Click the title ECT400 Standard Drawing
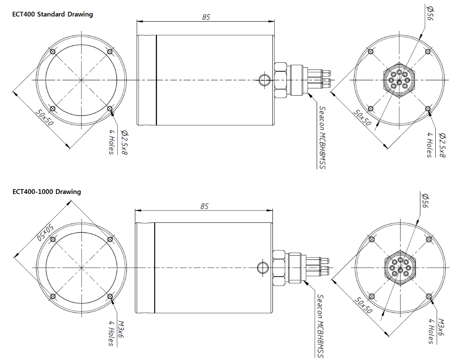pos(53,14)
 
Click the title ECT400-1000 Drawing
pos(47,191)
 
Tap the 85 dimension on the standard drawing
pos(206,17)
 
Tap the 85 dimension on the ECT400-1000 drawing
pos(204,206)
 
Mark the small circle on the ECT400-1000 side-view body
pos(262,267)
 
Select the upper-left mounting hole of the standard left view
pos(53,51)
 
